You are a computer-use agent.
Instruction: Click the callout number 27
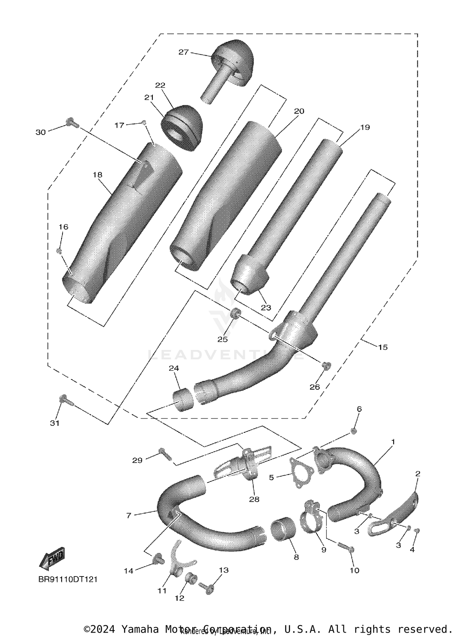(183, 52)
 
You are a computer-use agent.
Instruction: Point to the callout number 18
(98, 175)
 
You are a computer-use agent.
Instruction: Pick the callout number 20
(299, 111)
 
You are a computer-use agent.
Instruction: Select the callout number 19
(365, 127)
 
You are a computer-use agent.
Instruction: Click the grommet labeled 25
(235, 314)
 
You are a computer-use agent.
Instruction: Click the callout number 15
(383, 347)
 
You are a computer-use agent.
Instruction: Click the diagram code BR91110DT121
(68, 579)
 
